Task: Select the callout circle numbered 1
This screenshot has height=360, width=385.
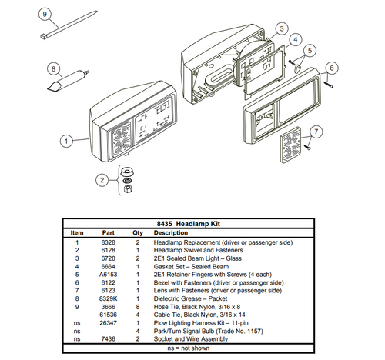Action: (x=67, y=142)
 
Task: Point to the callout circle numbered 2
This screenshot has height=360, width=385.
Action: (x=101, y=180)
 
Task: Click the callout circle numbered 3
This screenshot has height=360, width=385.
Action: (x=282, y=28)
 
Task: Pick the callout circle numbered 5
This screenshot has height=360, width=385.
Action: (x=310, y=52)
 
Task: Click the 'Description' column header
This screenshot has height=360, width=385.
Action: (x=171, y=232)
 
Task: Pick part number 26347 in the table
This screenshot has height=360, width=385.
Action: (x=109, y=323)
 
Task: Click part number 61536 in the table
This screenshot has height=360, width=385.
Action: (x=109, y=315)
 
